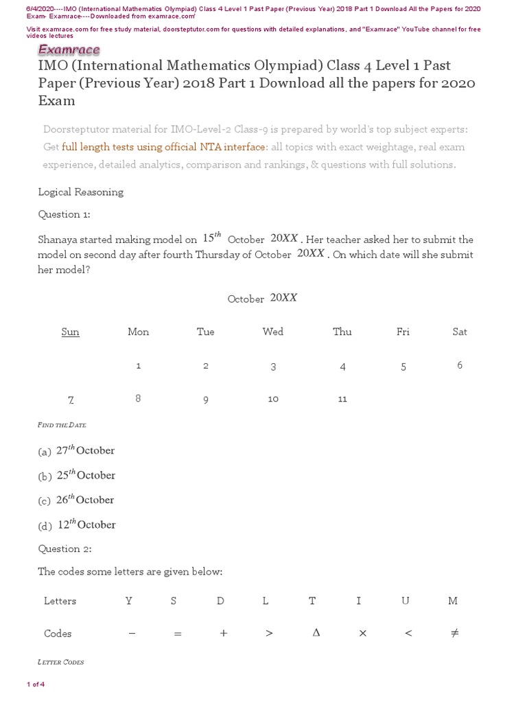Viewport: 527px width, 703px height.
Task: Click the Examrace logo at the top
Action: coord(68,49)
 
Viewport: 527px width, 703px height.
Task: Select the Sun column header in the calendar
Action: coord(71,332)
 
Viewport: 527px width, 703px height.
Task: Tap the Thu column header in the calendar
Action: coord(342,332)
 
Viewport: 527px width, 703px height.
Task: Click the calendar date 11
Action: coord(342,399)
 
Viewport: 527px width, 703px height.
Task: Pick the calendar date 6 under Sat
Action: coord(460,365)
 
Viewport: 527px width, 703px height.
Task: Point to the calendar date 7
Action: coord(71,400)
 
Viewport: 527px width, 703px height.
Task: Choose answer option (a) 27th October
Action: coord(77,451)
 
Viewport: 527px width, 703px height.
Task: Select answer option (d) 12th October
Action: coord(77,525)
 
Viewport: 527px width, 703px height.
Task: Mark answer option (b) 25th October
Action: coord(77,476)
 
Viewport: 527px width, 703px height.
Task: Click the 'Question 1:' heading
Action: coord(64,214)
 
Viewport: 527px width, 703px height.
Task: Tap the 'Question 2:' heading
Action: coord(65,549)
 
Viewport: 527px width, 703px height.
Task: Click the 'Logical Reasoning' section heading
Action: coord(80,192)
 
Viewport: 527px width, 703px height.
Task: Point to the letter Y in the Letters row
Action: coord(128,601)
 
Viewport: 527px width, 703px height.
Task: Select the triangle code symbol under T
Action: coord(316,633)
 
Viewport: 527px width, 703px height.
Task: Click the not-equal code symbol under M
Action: coord(454,633)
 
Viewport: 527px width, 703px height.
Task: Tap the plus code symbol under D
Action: coord(223,634)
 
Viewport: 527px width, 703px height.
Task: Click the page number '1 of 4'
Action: coord(36,684)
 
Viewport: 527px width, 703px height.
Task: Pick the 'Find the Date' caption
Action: coord(62,426)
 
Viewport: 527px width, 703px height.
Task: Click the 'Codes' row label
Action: coord(58,634)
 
